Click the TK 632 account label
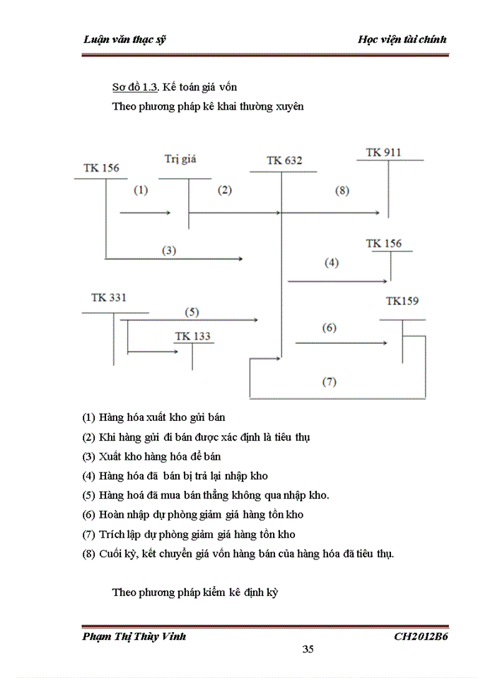284,160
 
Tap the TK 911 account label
384,152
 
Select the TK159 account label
402,301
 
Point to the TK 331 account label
109,297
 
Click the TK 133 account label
192,335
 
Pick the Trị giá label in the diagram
180,159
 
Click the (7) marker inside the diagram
330,382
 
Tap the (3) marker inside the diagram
169,250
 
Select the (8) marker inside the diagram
342,190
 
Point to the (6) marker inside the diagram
330,328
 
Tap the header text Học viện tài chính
402,39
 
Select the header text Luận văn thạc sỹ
125,39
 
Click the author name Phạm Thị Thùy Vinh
134,636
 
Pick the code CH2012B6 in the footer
421,636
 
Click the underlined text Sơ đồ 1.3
136,88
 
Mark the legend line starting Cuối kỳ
238,554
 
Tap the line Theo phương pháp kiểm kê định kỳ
195,592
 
